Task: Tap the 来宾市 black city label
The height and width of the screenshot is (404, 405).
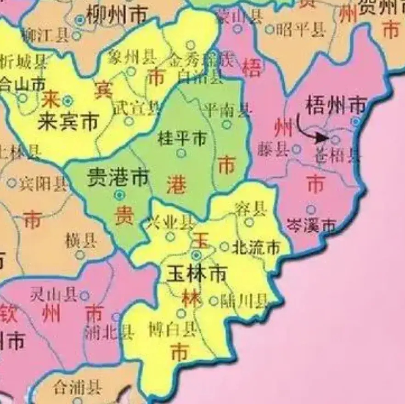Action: (x=68, y=122)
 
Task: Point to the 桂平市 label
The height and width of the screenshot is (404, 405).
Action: (x=182, y=137)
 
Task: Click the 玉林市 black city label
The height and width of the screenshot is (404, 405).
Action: (x=196, y=274)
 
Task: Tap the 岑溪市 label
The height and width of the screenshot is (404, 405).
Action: (x=311, y=225)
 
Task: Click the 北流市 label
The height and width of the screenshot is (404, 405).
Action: (x=256, y=248)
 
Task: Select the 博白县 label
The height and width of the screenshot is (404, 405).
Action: (x=173, y=329)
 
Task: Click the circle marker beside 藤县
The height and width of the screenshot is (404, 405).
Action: (x=297, y=149)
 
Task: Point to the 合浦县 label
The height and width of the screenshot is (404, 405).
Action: (x=77, y=388)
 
